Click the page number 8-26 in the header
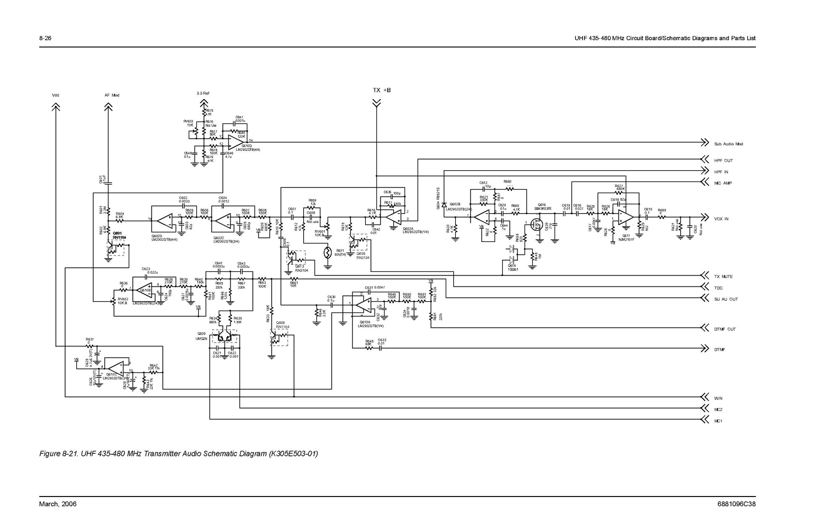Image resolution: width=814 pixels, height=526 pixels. (x=45, y=39)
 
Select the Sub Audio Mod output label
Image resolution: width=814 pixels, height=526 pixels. (x=729, y=144)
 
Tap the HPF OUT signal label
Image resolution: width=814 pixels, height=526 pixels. (x=723, y=161)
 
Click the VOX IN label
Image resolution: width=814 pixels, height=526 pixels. (x=721, y=219)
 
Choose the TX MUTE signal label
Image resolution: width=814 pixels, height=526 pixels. (x=723, y=277)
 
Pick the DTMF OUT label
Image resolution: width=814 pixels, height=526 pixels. (x=725, y=329)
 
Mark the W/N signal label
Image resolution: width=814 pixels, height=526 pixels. (x=718, y=398)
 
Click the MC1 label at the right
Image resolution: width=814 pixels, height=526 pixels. (x=718, y=421)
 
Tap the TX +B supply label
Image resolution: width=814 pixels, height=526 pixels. (x=382, y=90)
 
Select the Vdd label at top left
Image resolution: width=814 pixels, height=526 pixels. (x=55, y=95)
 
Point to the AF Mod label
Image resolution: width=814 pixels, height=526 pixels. (x=112, y=95)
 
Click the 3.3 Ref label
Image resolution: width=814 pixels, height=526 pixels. (x=203, y=94)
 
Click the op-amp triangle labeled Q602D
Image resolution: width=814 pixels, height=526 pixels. (x=165, y=221)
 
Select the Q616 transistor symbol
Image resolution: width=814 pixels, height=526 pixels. (x=535, y=224)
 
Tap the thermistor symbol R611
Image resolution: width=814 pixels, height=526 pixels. (x=328, y=252)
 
